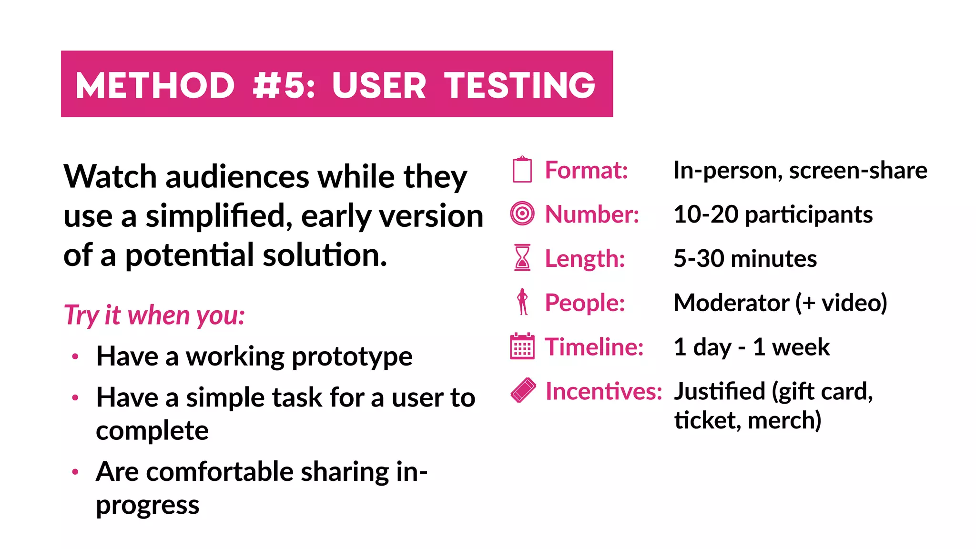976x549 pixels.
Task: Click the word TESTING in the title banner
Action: coord(520,85)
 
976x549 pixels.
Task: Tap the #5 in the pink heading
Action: coord(284,85)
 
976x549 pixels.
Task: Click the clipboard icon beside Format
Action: coord(522,170)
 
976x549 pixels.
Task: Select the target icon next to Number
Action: coord(522,213)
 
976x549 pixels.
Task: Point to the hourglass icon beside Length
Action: coord(522,257)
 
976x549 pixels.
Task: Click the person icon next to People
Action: coord(523,302)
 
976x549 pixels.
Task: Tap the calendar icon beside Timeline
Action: coord(522,346)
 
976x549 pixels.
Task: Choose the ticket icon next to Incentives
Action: coord(523,390)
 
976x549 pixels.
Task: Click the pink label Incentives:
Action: coord(603,391)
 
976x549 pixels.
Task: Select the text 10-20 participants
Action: coord(773,214)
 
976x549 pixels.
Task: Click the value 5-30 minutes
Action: coord(745,258)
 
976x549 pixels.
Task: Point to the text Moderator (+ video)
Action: coord(780,303)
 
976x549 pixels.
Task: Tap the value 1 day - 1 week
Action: coord(752,347)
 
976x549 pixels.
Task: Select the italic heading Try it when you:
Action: coord(154,315)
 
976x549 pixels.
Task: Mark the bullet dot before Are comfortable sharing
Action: coord(75,472)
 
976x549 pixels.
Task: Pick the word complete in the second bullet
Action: coord(152,431)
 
